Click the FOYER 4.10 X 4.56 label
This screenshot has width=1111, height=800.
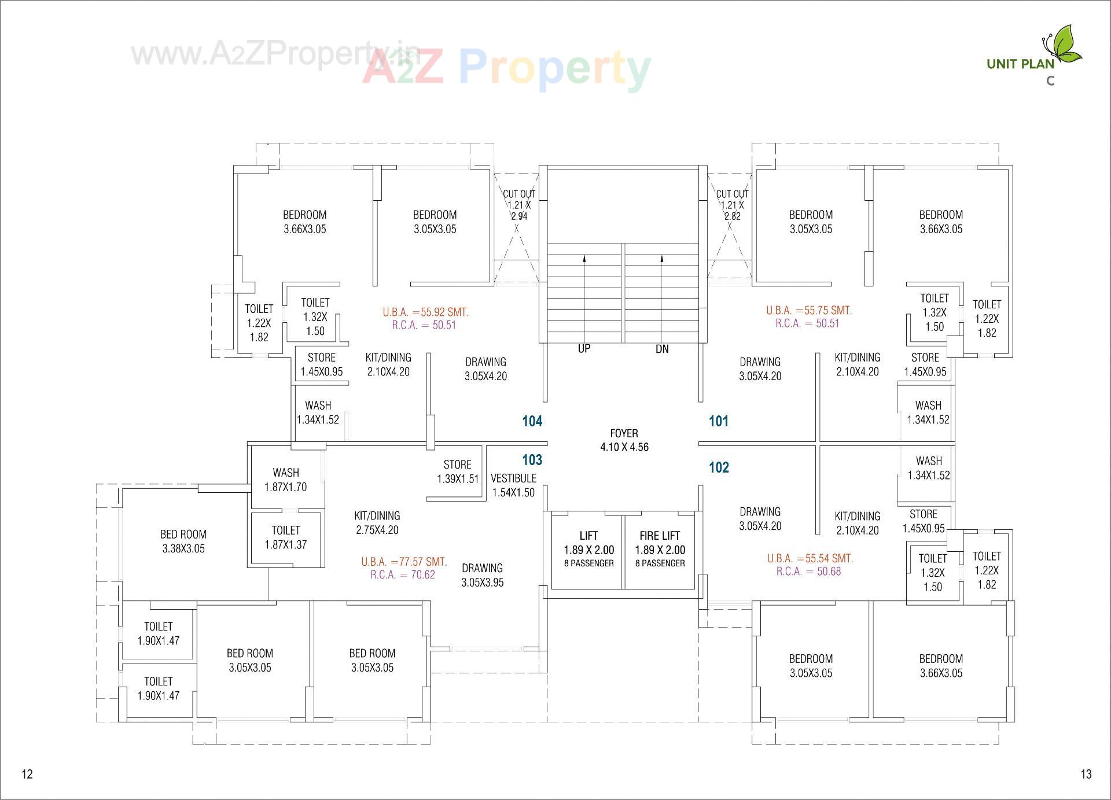[x=624, y=440]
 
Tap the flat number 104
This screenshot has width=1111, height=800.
[x=532, y=421]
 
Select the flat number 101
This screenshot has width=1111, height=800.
[x=719, y=421]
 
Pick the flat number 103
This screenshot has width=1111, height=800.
[x=532, y=460]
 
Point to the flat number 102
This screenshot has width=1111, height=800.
[x=719, y=467]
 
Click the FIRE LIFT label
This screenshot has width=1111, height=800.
[x=660, y=536]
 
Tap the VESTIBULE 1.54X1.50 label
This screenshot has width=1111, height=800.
[x=513, y=485]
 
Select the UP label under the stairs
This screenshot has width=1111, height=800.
[x=584, y=349]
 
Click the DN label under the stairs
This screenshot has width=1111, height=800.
[x=662, y=349]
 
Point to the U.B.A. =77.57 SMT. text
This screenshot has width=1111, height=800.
[x=404, y=562]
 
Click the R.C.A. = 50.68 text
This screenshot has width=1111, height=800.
[x=808, y=572]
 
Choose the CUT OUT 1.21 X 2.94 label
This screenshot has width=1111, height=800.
[x=518, y=205]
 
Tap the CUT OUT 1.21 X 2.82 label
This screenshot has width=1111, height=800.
[x=732, y=205]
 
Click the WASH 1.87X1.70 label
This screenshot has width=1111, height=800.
[x=286, y=480]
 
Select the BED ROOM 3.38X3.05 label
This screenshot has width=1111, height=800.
[x=183, y=541]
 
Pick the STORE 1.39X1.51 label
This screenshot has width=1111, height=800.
[x=458, y=471]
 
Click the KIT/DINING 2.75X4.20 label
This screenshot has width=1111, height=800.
[x=377, y=522]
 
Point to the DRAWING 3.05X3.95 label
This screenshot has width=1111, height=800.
[x=482, y=575]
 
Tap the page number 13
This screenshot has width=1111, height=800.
[x=1086, y=774]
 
